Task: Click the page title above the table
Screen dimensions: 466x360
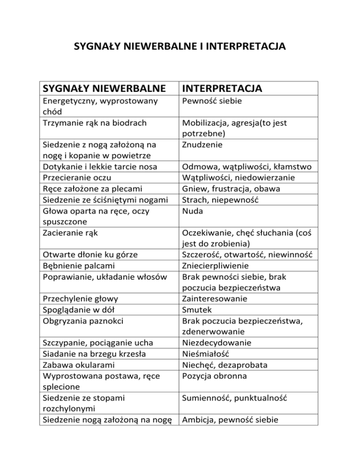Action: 180,47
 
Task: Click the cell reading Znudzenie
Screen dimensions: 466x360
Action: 203,144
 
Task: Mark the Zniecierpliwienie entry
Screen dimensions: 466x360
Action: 217,265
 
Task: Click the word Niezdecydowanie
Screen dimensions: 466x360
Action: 217,344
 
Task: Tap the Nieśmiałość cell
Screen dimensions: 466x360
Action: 206,355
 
